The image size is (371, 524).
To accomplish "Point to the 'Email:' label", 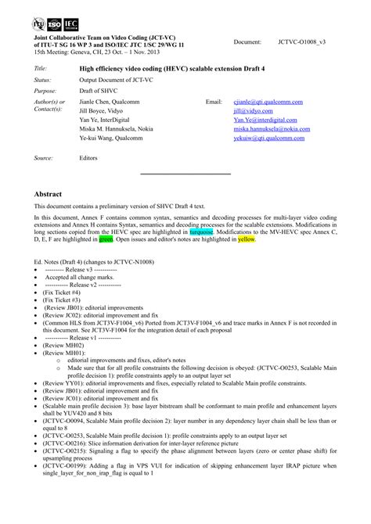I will click(214, 102).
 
